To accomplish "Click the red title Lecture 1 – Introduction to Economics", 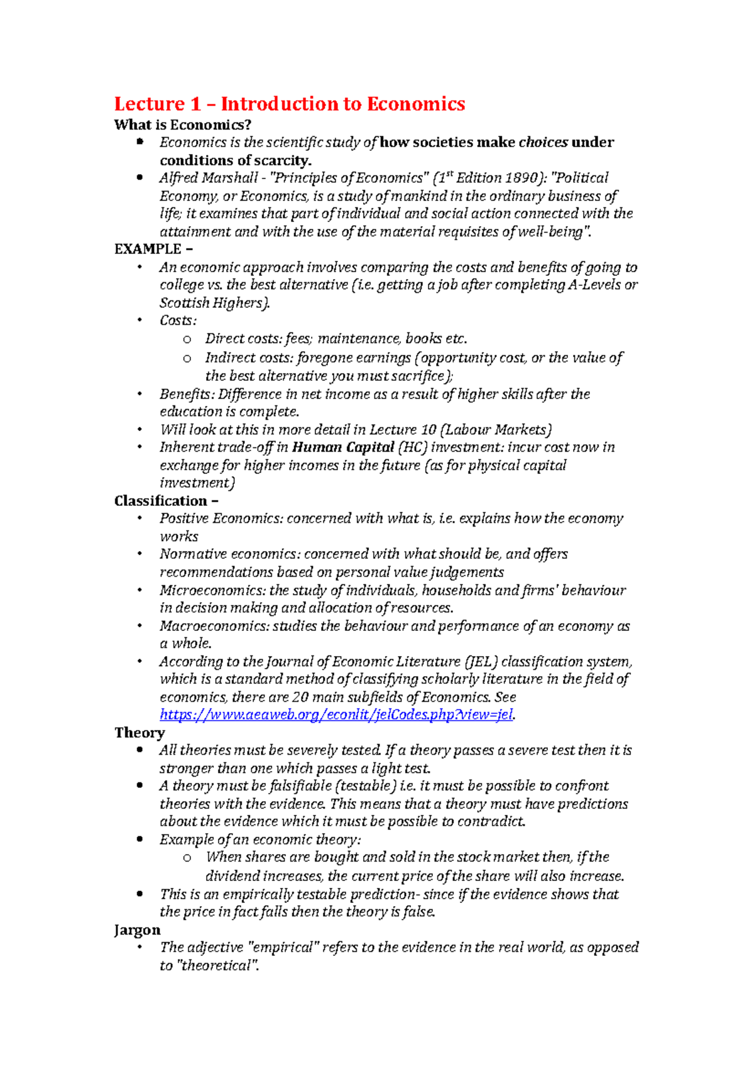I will coord(289,104).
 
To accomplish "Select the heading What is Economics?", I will coord(182,124).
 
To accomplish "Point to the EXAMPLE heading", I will coord(148,249).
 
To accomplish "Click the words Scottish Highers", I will coord(214,303).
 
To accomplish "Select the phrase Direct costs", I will coord(243,339).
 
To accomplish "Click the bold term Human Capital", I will coord(343,447).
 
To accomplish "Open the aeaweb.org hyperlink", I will coord(336,714).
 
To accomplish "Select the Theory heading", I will coord(139,733).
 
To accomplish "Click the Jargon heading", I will coord(137,930).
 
